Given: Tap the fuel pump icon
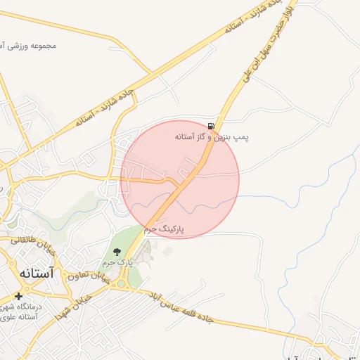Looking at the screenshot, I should pos(212,126).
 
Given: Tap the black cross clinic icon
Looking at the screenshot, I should pos(18,297).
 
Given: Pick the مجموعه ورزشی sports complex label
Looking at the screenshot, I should pos(31,46).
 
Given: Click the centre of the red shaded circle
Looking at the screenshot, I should pos(180,179).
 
